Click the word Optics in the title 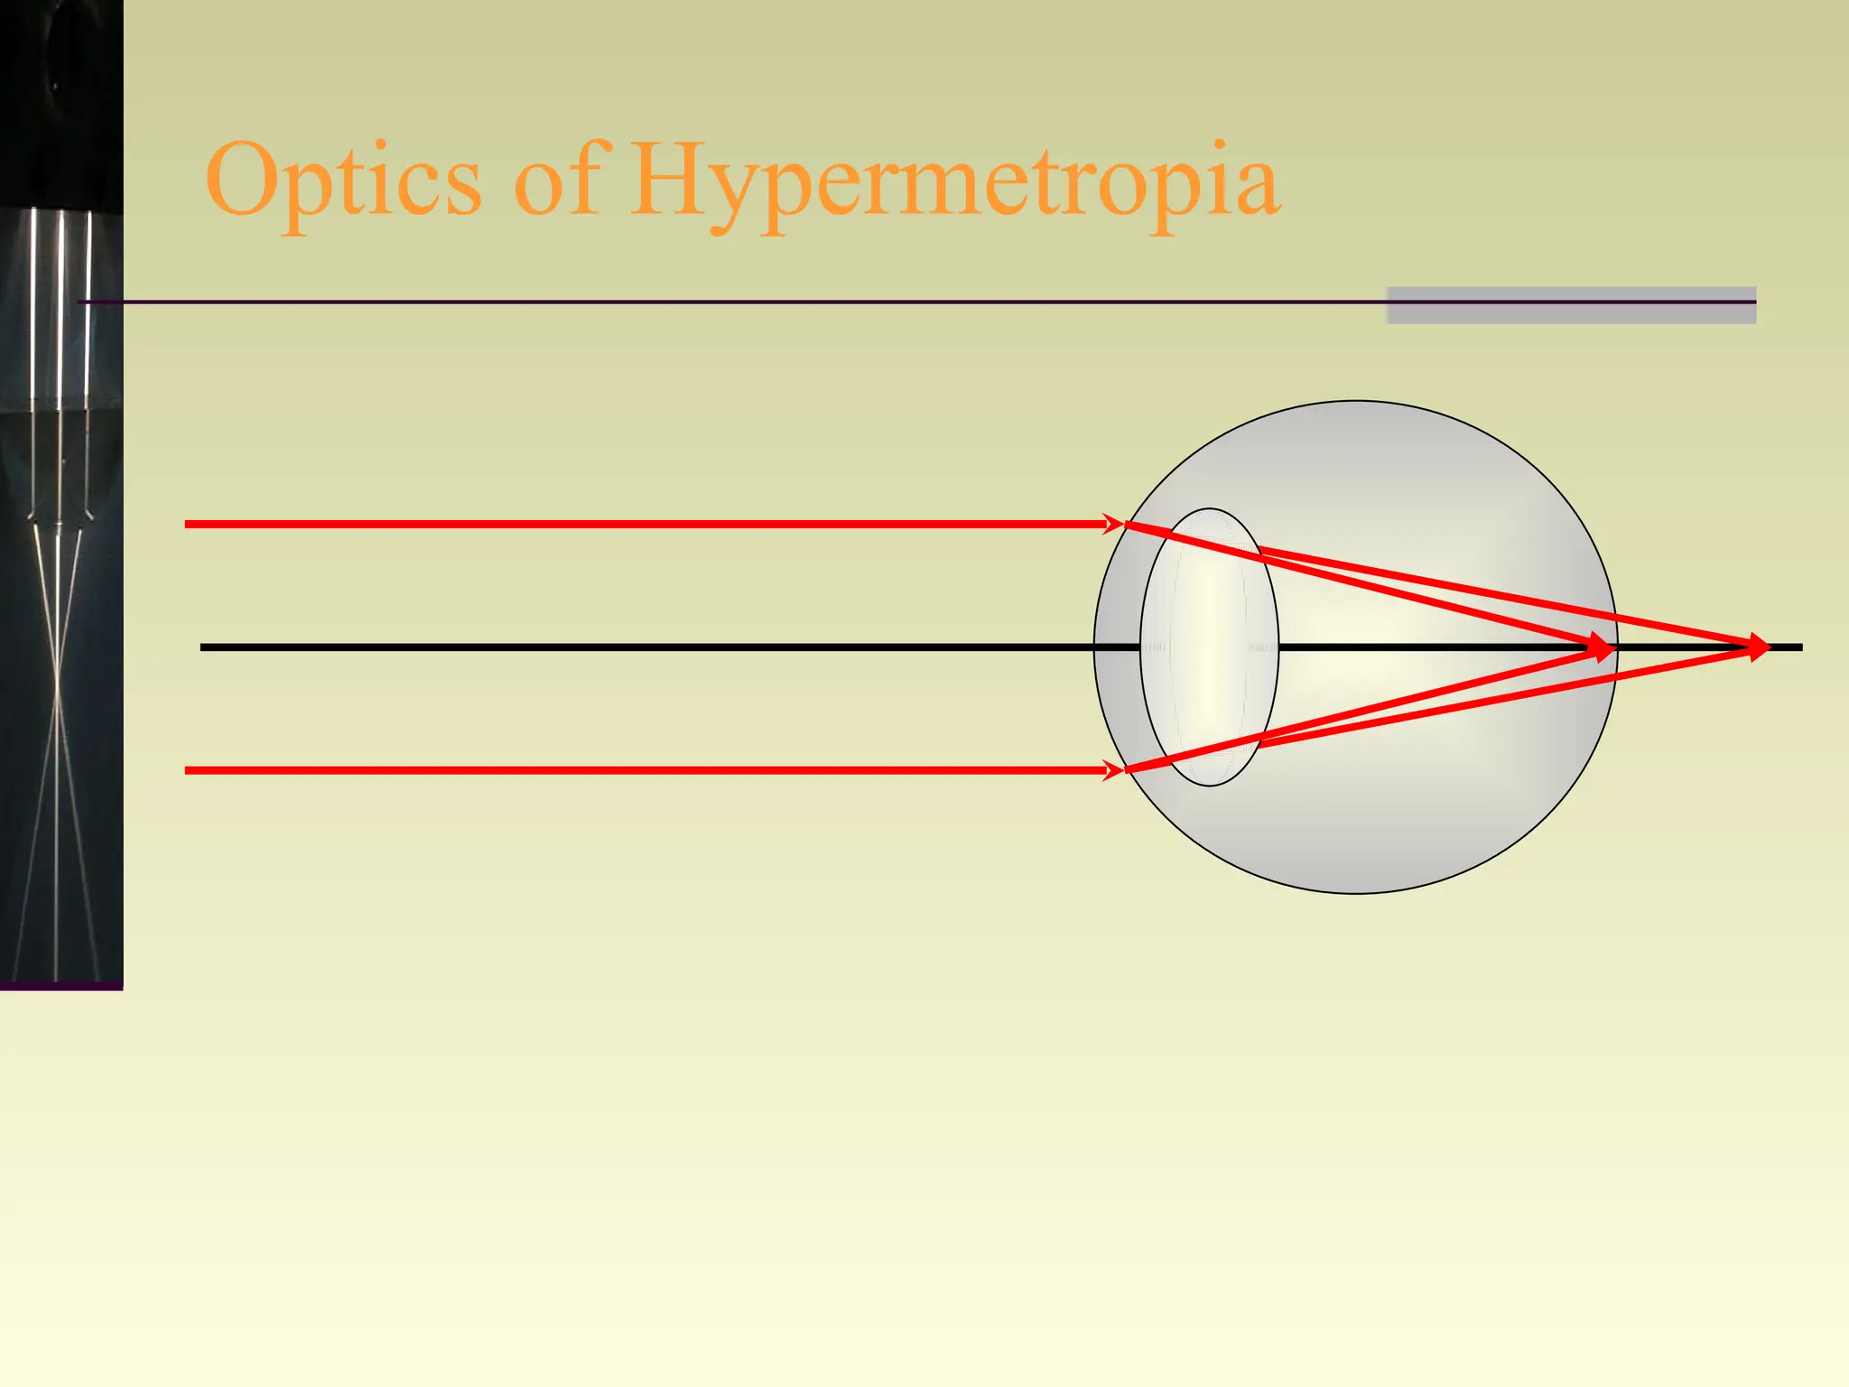tap(343, 181)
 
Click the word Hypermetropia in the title tap(953, 181)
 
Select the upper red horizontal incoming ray tap(632, 524)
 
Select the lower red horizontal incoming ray tap(632, 770)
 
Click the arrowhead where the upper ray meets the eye tap(1114, 524)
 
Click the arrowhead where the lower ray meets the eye tap(1114, 770)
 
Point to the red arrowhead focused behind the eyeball tap(1758, 647)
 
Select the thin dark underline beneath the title tap(722, 302)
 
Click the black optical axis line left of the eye tap(632, 647)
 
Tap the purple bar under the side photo tap(60, 985)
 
